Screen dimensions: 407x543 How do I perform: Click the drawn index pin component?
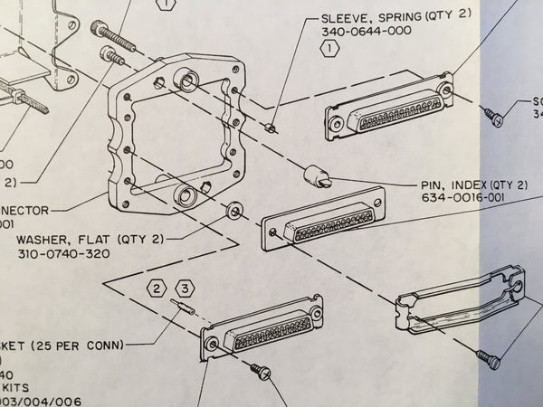[317, 175]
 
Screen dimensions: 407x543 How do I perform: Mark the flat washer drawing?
[234, 210]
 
